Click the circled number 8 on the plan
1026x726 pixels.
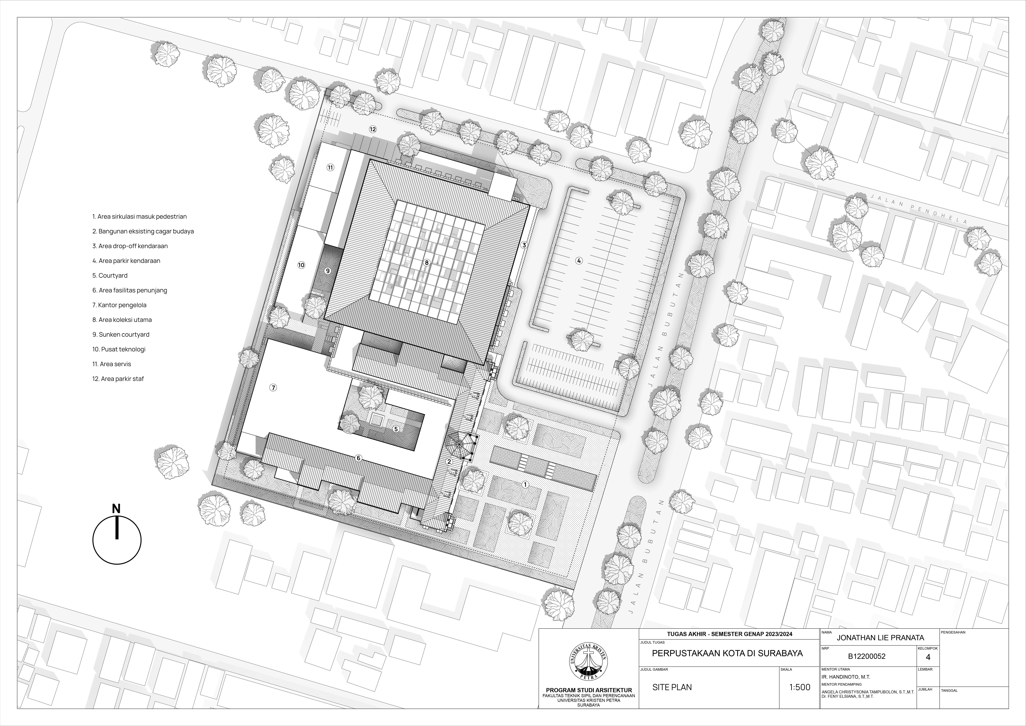pyautogui.click(x=427, y=263)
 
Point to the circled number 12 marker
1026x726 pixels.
pyautogui.click(x=373, y=129)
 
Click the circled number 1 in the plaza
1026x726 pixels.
pyautogui.click(x=526, y=484)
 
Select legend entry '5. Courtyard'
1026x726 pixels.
pyautogui.click(x=110, y=276)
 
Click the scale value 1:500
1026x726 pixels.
pyautogui.click(x=799, y=687)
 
